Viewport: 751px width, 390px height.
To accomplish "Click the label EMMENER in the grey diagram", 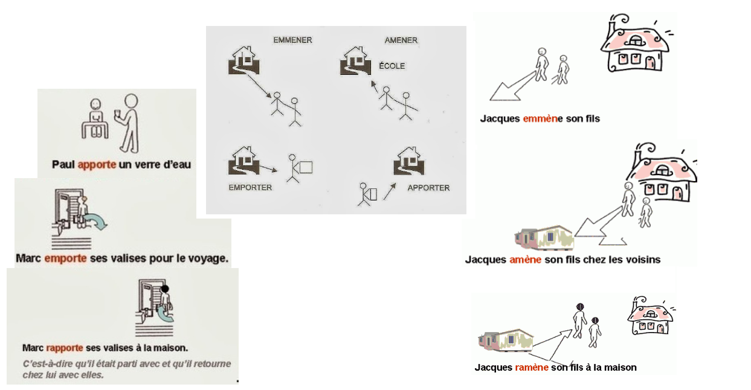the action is tap(292, 40).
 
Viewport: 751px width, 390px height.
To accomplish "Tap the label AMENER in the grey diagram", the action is tap(401, 40).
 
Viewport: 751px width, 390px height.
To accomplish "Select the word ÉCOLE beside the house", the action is tap(392, 66).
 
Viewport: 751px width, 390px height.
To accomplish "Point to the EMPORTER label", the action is tap(250, 188).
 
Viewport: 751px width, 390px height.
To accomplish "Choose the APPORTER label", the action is tap(428, 188).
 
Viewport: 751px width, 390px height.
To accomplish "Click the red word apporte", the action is tap(97, 165).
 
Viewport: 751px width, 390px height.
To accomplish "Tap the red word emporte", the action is tap(65, 258).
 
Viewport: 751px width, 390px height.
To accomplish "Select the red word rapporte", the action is tap(65, 348).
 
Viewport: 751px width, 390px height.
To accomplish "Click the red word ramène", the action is tap(532, 368).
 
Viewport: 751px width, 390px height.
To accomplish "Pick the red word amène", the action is tap(526, 260).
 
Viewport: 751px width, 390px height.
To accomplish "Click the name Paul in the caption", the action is tap(63, 164).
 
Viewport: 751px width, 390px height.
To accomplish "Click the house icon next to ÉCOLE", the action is tap(355, 60).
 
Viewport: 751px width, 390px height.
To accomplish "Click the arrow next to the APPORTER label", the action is tap(390, 191).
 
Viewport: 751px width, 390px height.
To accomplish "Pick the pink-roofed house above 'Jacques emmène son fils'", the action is tap(634, 42).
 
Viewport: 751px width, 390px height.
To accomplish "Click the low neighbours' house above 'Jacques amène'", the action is tap(544, 238).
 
